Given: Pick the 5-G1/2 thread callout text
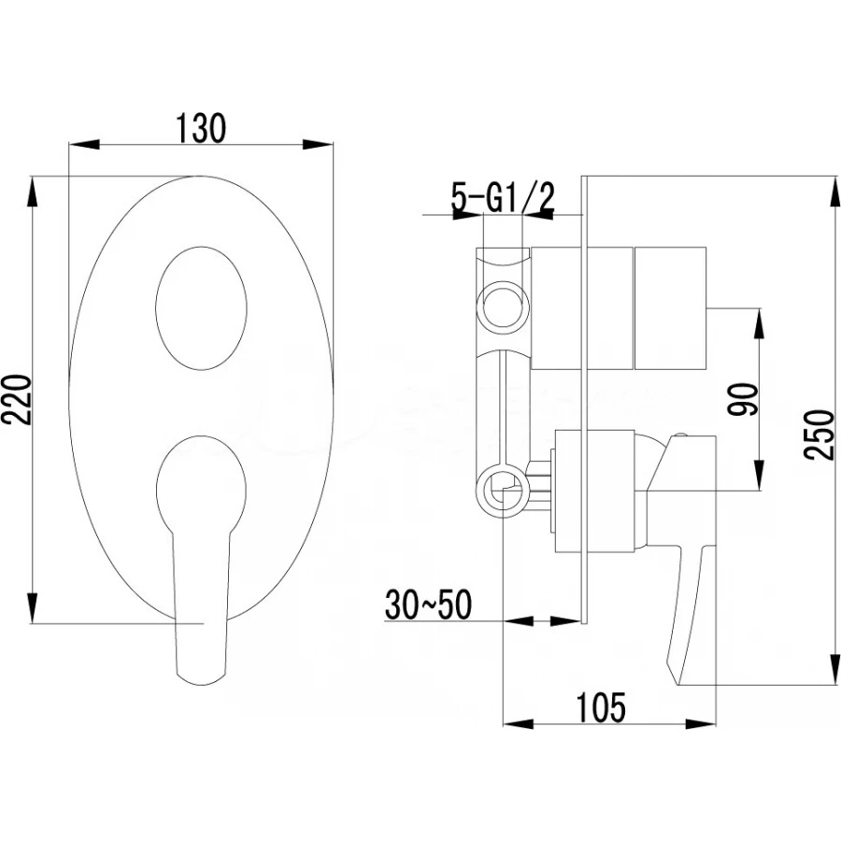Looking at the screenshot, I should (504, 198).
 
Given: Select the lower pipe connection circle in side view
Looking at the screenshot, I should (502, 491).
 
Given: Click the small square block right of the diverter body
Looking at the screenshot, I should (671, 307).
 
